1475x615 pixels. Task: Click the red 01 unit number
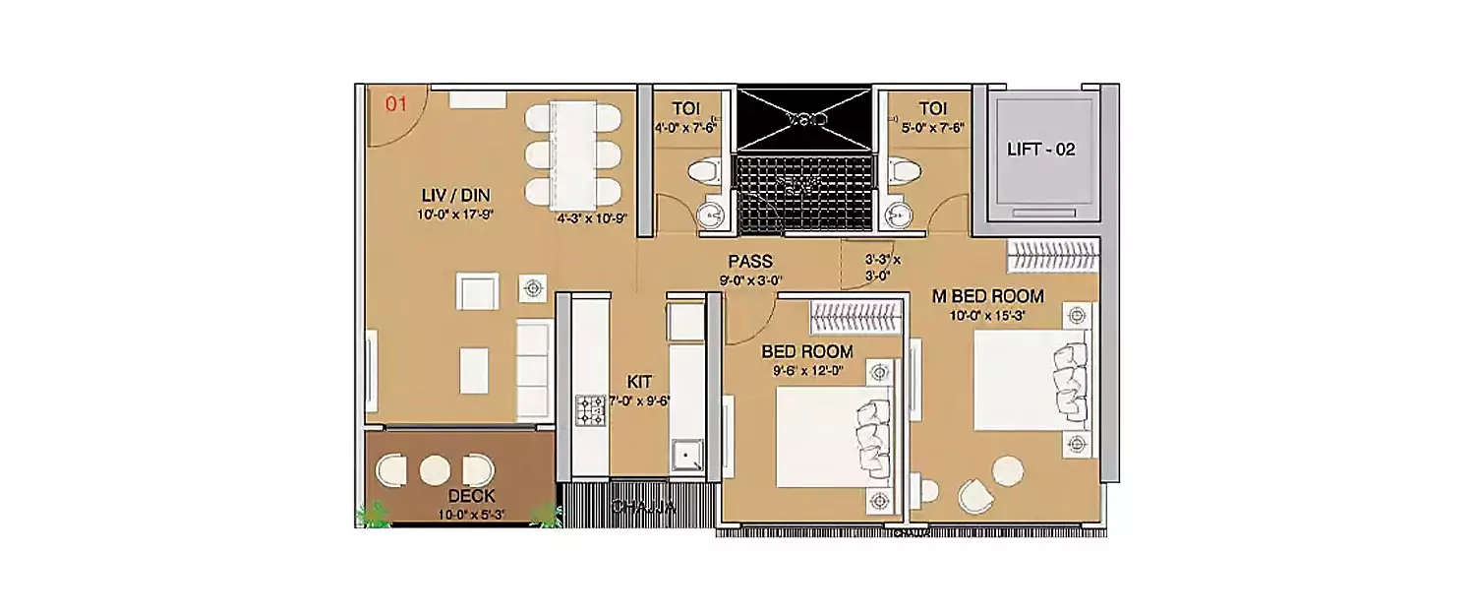[395, 104]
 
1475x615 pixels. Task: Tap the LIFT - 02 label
[1041, 151]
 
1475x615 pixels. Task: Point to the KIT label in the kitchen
[639, 382]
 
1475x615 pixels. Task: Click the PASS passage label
[749, 263]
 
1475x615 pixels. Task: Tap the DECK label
[471, 496]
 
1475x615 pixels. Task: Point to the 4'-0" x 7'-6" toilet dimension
[685, 127]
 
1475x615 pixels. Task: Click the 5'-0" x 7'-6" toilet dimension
[925, 127]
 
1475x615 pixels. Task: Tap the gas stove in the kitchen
[590, 409]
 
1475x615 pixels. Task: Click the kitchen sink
[685, 456]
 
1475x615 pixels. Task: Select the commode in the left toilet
[704, 173]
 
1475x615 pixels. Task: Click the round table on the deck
[435, 470]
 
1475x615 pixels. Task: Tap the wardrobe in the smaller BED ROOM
[855, 318]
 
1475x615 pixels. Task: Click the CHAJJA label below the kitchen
[643, 508]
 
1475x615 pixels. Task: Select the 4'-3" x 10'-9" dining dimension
[591, 219]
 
